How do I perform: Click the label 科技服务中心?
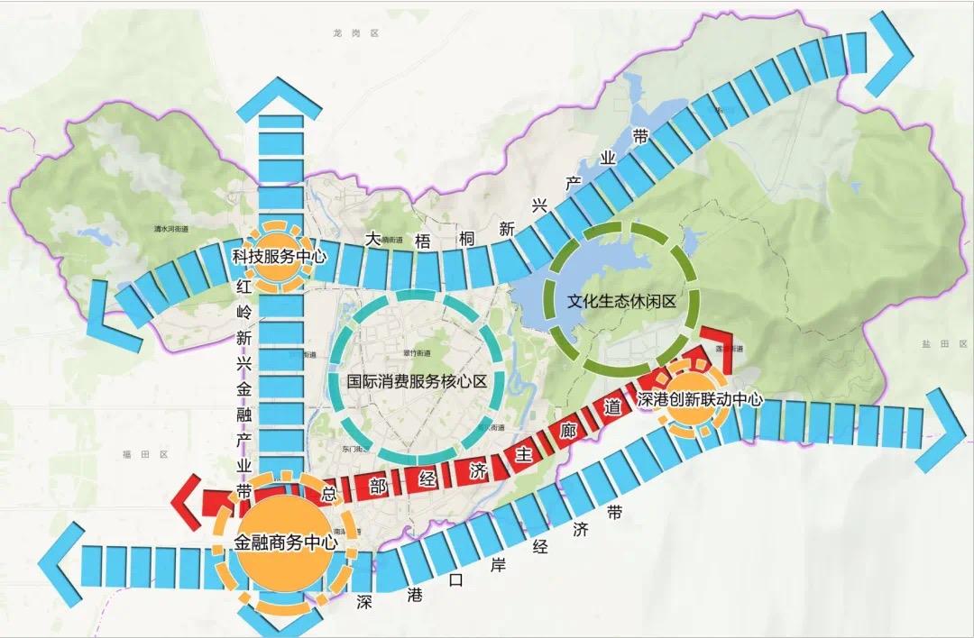point(279,257)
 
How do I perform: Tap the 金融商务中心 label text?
point(285,543)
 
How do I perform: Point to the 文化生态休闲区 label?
point(621,302)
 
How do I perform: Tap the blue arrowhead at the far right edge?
point(942,430)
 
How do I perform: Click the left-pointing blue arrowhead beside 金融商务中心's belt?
point(59,565)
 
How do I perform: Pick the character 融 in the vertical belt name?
point(243,419)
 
